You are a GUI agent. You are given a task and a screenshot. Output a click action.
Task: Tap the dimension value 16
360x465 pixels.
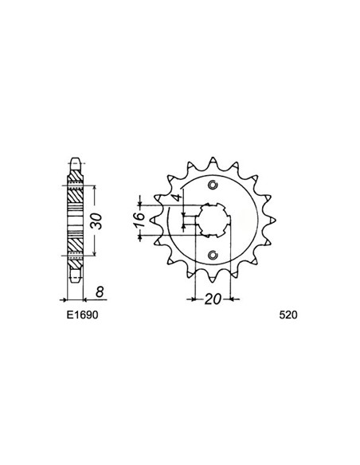pos(139,216)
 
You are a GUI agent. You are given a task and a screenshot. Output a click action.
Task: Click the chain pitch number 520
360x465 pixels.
pos(288,315)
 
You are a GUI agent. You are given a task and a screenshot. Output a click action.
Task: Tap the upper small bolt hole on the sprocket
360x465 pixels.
pos(212,186)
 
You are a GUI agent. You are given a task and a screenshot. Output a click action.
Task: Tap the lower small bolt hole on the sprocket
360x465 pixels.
pos(212,255)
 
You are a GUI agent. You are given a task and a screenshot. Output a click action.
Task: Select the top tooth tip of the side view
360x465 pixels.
pos(75,158)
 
